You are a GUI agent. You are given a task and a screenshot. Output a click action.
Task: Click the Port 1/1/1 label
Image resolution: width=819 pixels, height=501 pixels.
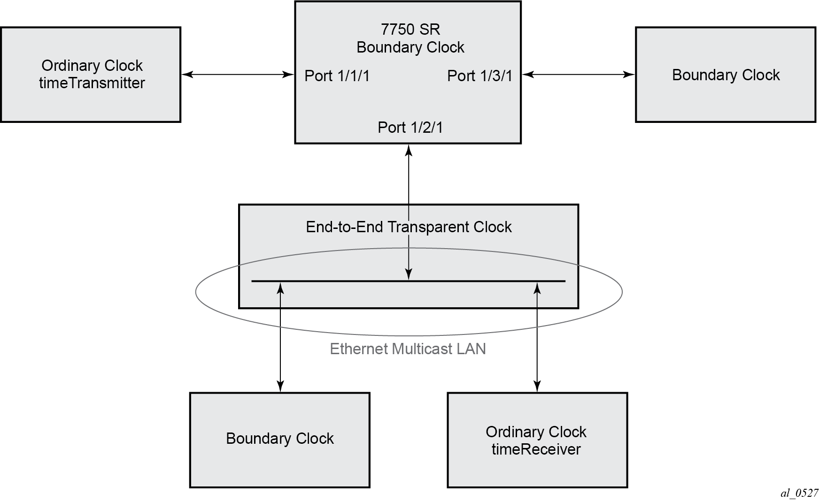(337, 76)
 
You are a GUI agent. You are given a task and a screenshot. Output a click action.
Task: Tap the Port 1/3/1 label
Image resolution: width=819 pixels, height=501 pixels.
(479, 76)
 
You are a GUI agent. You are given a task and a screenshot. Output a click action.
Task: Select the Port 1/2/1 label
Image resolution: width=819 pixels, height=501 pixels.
(410, 127)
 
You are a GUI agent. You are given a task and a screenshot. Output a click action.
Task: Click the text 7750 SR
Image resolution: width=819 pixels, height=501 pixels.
(410, 30)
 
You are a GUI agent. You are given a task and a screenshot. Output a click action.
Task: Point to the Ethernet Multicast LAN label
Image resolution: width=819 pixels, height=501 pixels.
(408, 349)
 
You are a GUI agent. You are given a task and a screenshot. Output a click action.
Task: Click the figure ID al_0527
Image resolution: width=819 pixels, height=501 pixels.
(799, 493)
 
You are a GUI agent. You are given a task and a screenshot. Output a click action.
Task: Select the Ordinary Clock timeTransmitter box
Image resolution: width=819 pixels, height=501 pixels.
(91, 75)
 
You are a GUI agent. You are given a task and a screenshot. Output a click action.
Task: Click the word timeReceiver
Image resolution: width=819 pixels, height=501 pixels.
(536, 449)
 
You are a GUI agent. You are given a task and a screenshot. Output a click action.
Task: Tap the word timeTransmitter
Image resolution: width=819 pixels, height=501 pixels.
(92, 83)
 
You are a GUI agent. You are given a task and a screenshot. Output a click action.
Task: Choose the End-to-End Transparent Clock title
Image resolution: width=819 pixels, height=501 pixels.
(409, 227)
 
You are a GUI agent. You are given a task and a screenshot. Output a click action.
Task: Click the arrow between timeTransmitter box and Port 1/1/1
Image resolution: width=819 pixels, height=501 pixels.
(238, 74)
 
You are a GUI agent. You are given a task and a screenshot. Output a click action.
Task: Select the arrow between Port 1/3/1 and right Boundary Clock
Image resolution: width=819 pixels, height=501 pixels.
(579, 74)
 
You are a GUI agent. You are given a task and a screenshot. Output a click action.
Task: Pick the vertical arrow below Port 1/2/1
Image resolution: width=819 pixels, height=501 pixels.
(409, 212)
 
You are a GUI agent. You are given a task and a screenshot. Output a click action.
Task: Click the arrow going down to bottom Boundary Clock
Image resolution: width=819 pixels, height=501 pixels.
(280, 337)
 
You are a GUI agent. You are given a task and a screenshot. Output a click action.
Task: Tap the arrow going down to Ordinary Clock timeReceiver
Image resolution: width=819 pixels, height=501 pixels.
(538, 337)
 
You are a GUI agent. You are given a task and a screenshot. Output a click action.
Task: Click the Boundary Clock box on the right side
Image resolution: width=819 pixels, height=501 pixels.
(726, 75)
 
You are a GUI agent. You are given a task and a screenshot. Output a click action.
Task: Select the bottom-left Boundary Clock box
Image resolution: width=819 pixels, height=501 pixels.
(280, 440)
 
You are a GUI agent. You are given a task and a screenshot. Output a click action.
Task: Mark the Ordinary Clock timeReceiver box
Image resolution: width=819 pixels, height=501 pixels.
(537, 440)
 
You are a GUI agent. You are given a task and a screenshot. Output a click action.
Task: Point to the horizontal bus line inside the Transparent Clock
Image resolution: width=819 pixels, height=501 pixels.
(409, 281)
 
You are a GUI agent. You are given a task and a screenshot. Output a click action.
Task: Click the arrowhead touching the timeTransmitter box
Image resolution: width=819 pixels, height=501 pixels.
(187, 74)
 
